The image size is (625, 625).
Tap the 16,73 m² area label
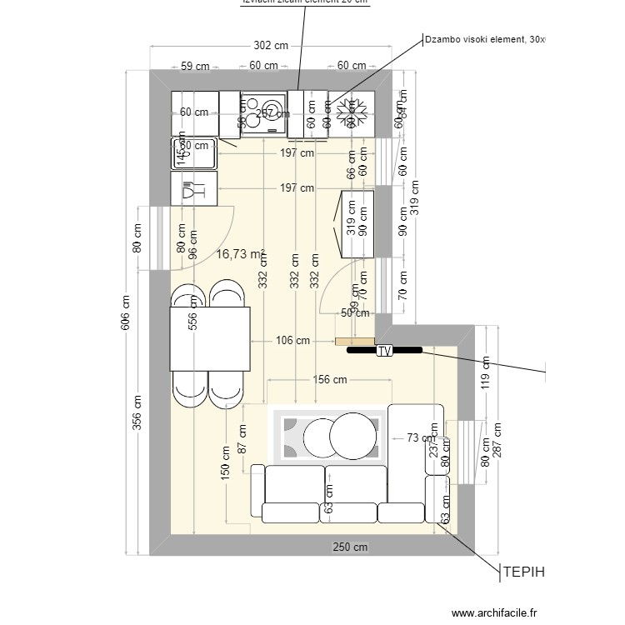240,254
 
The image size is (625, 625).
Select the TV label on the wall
384,352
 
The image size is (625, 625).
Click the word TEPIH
522,572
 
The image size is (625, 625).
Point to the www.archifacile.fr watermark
483,611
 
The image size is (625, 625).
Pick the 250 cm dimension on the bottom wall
349,547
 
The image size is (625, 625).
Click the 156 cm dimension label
329,379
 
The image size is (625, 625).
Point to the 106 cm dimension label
292,340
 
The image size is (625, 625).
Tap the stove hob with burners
263,114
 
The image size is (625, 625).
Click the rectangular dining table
210,338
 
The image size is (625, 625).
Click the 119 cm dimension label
485,372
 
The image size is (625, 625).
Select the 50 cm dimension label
355,313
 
